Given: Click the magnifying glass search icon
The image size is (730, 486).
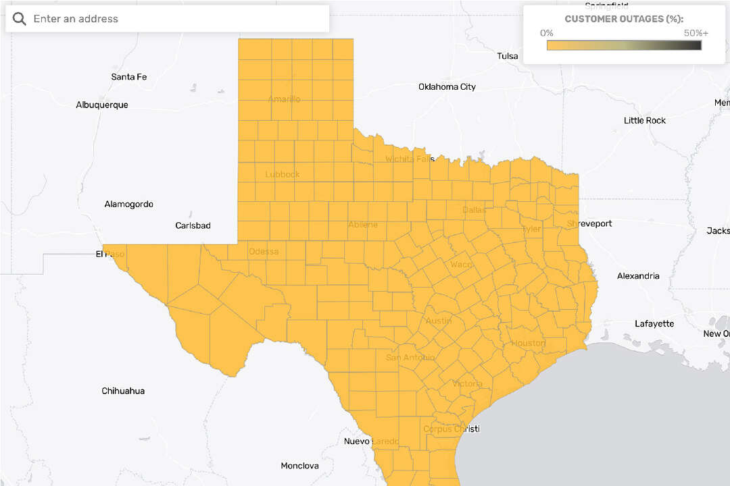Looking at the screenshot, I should (20, 19).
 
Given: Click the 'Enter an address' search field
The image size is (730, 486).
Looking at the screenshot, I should (176, 19).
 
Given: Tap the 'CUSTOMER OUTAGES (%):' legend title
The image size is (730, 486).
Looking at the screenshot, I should (624, 19).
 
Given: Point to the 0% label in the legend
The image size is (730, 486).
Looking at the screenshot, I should (547, 33).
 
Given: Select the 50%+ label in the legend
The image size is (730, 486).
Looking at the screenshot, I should (696, 33).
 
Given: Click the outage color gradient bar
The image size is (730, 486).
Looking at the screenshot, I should (624, 45).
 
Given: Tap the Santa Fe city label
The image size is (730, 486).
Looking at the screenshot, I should (128, 77).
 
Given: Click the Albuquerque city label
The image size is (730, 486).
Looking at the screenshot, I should (102, 105).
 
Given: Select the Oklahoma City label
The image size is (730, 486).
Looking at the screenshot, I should (447, 86).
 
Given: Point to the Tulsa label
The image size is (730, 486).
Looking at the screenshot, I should (507, 56).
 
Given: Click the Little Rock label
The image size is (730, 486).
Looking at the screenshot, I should (644, 120).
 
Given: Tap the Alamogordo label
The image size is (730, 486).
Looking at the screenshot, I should (128, 204).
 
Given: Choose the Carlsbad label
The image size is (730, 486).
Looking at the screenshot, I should (193, 225).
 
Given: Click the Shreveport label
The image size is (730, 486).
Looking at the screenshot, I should (589, 223).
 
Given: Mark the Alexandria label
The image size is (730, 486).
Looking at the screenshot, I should (637, 276).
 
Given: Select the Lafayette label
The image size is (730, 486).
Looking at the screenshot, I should (654, 324).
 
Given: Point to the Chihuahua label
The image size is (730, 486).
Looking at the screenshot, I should (123, 391).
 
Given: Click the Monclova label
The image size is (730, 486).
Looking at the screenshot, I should (299, 466).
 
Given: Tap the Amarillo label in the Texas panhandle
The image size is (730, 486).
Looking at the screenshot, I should (284, 99).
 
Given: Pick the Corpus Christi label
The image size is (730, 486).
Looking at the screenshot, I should (451, 429).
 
